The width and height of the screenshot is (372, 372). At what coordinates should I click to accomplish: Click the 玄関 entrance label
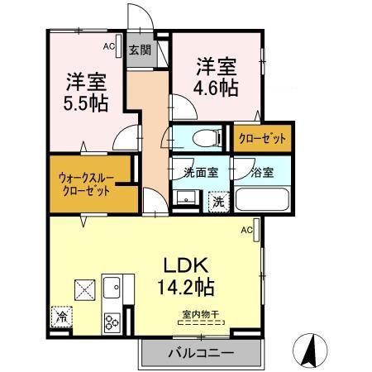tap(138, 50)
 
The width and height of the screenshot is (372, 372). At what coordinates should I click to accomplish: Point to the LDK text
tap(194, 266)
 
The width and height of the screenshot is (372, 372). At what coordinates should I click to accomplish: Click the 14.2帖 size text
tap(187, 288)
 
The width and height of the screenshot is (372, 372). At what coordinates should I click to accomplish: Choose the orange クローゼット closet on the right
tap(262, 139)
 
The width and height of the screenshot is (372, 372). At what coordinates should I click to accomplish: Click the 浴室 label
tap(264, 173)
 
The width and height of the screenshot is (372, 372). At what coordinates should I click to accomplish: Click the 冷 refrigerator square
tap(60, 315)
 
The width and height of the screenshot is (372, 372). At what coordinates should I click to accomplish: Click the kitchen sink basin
tap(110, 289)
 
